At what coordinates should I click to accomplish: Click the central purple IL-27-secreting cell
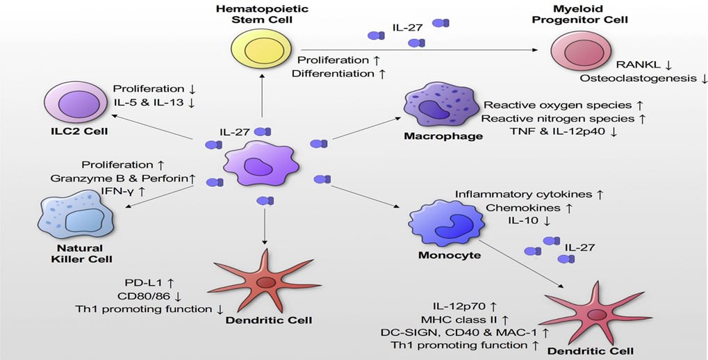point(260,166)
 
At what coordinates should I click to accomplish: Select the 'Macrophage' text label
point(443,136)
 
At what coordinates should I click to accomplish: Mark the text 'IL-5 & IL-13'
point(148,103)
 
